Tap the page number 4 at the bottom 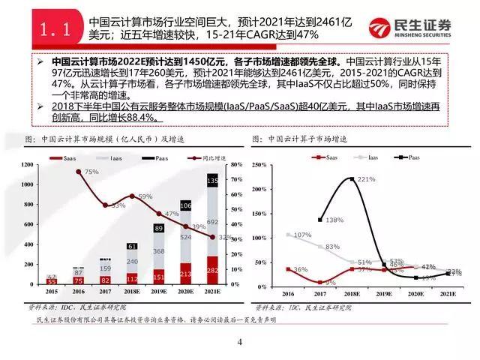click(240, 343)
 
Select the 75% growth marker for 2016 click(79, 172)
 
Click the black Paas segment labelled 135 click(211, 181)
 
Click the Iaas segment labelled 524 click(184, 238)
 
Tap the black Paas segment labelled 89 click(158, 228)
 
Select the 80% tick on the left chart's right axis click(235, 164)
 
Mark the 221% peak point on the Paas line click(351, 178)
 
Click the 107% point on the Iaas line click(289, 235)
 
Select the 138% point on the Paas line click(320, 220)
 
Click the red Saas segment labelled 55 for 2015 click(52, 281)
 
